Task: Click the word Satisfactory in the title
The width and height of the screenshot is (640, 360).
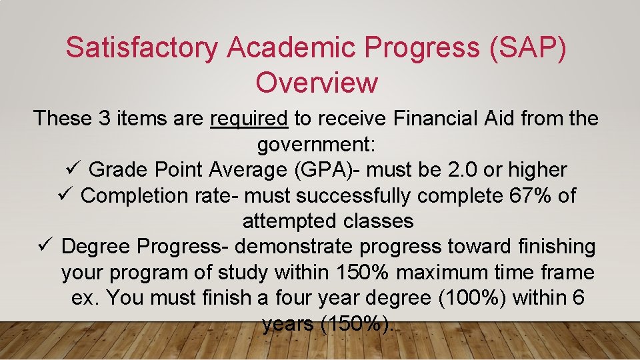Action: (142, 48)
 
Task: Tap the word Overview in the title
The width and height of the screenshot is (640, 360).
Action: (317, 83)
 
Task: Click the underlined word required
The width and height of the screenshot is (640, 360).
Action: (249, 119)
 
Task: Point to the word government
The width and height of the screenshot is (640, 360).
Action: (317, 145)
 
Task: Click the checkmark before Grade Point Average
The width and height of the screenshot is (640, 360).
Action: (75, 169)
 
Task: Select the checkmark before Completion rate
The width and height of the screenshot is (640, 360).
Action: (67, 195)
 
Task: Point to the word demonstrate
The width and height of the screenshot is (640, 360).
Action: (295, 247)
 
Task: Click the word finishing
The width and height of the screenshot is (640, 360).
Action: (555, 247)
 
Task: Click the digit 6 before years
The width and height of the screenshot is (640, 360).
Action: (578, 298)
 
